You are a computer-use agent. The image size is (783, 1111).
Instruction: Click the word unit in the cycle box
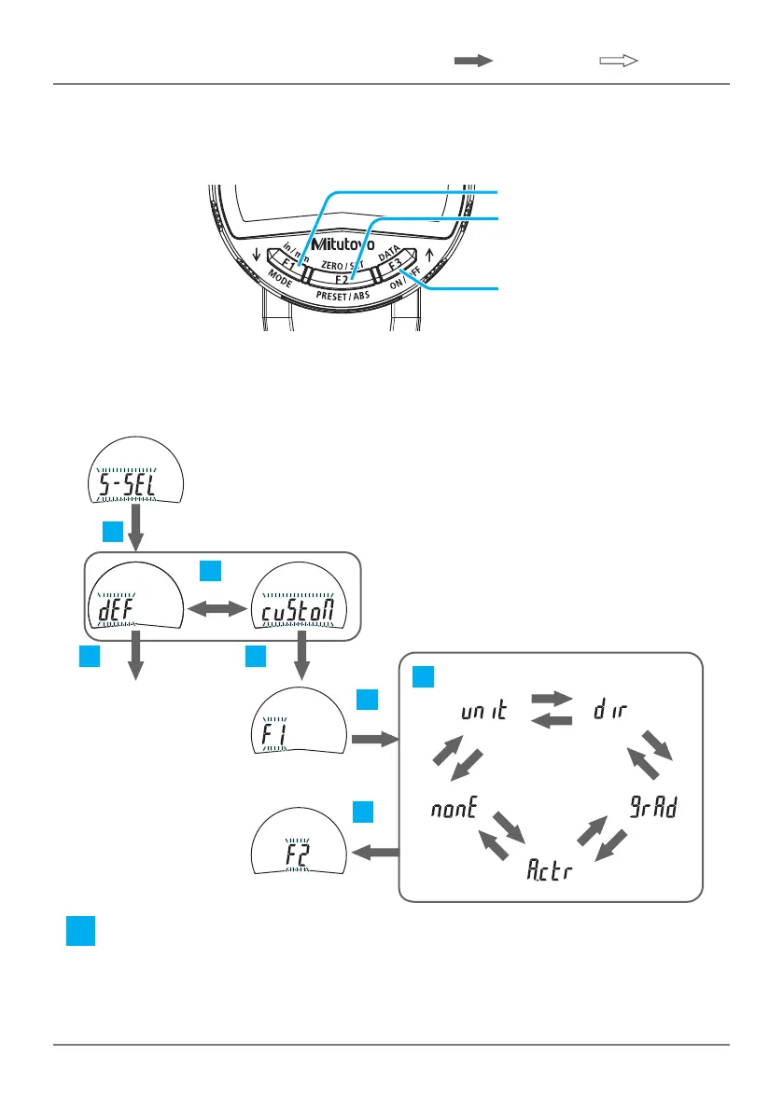(x=483, y=713)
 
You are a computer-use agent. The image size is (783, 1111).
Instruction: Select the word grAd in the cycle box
(x=652, y=810)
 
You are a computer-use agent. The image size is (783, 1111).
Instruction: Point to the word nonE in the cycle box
(x=454, y=810)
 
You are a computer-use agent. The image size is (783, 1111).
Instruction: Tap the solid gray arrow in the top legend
(x=473, y=61)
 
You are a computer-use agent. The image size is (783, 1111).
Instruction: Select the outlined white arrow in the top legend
(x=617, y=61)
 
